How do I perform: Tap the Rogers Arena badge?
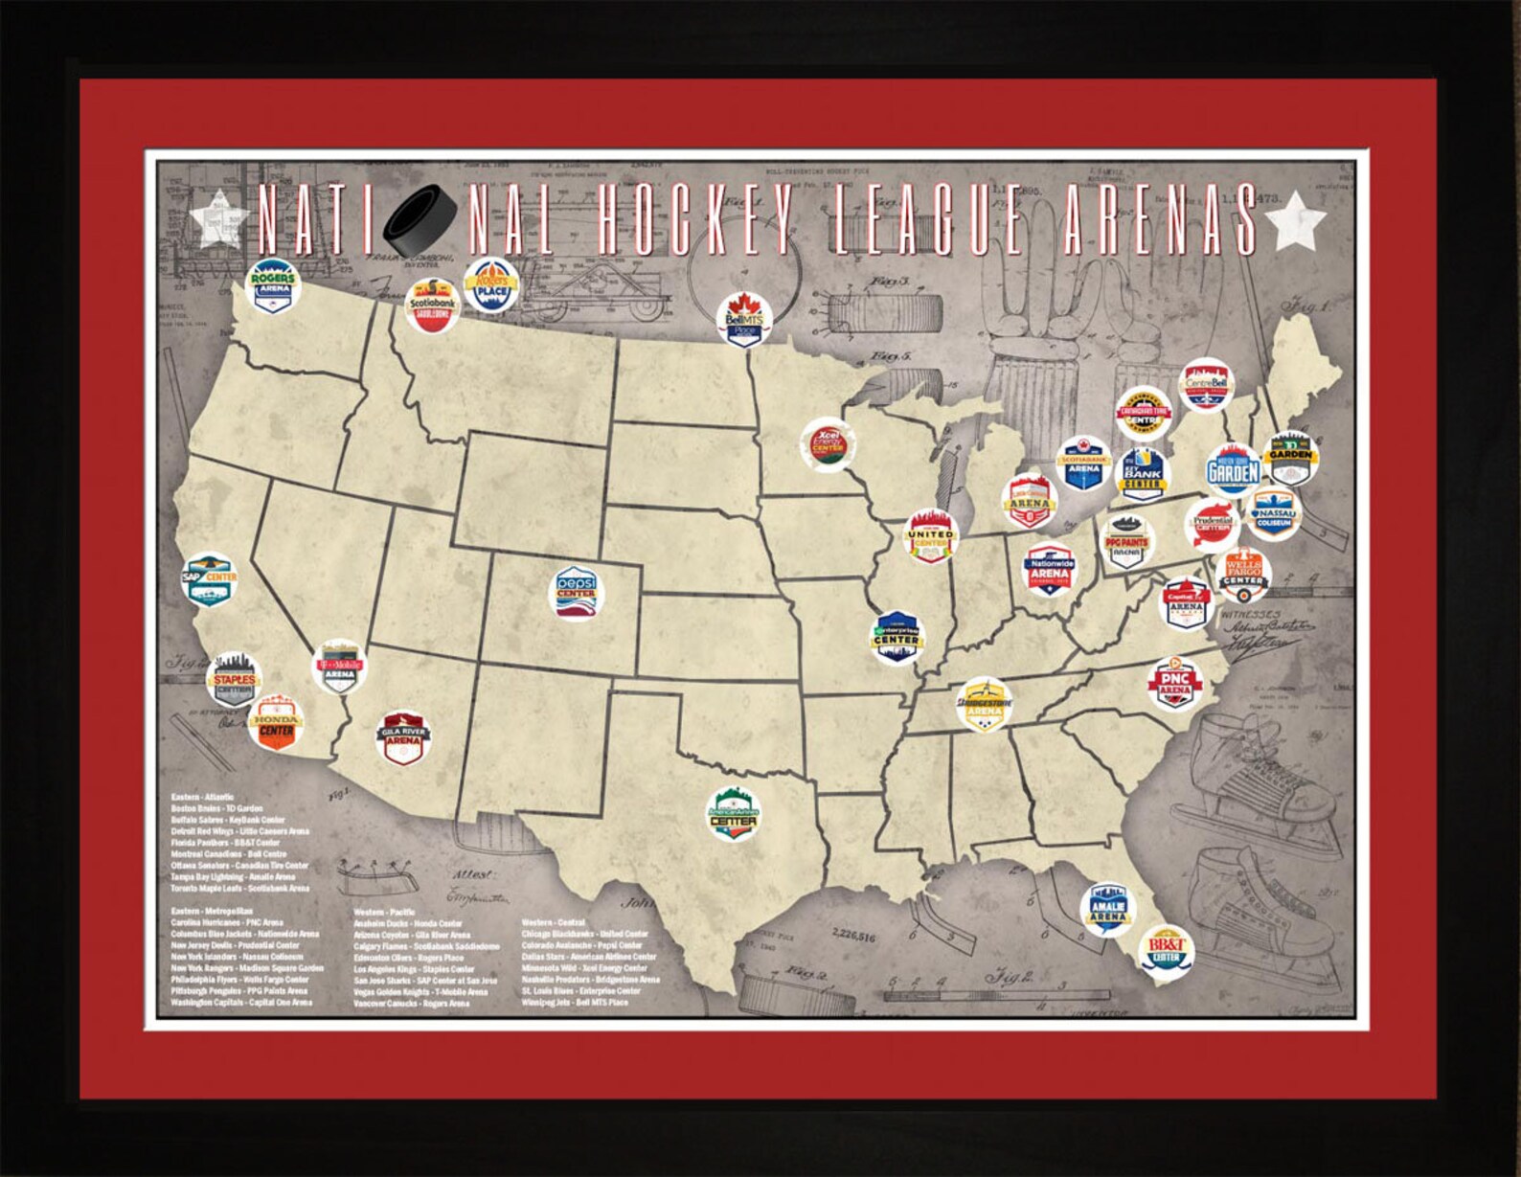[x=273, y=285]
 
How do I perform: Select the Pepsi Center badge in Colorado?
[x=577, y=593]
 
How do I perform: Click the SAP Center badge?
[x=210, y=579]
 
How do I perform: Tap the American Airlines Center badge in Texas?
[x=733, y=813]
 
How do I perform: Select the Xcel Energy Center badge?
[x=828, y=444]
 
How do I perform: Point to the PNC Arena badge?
[x=1174, y=683]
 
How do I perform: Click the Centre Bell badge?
[x=1206, y=385]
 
